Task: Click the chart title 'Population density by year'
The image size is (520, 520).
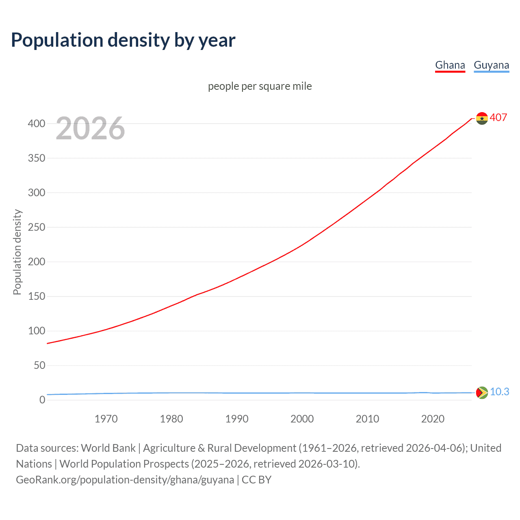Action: [123, 40]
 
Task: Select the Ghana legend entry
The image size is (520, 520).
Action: [450, 65]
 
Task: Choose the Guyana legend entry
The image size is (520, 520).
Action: [491, 65]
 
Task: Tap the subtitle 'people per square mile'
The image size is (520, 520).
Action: [260, 86]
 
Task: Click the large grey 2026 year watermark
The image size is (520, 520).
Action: [90, 128]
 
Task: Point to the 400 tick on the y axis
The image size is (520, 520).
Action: [37, 123]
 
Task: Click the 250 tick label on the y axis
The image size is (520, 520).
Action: [37, 227]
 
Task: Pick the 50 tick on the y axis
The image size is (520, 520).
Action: [39, 365]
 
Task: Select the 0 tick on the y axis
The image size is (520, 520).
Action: [42, 400]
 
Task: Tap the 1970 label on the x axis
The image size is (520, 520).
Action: [106, 419]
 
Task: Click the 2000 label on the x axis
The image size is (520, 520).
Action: [302, 419]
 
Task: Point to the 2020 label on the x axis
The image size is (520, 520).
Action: [433, 419]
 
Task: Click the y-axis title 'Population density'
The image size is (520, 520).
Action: [17, 252]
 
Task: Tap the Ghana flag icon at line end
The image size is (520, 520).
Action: [482, 118]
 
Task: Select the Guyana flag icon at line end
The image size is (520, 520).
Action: [482, 392]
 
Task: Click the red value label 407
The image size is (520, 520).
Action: [498, 117]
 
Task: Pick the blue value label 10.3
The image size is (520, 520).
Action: [499, 392]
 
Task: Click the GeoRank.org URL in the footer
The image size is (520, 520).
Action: [125, 480]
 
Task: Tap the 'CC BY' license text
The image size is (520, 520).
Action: [256, 480]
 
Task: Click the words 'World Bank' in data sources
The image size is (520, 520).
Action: [108, 448]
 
